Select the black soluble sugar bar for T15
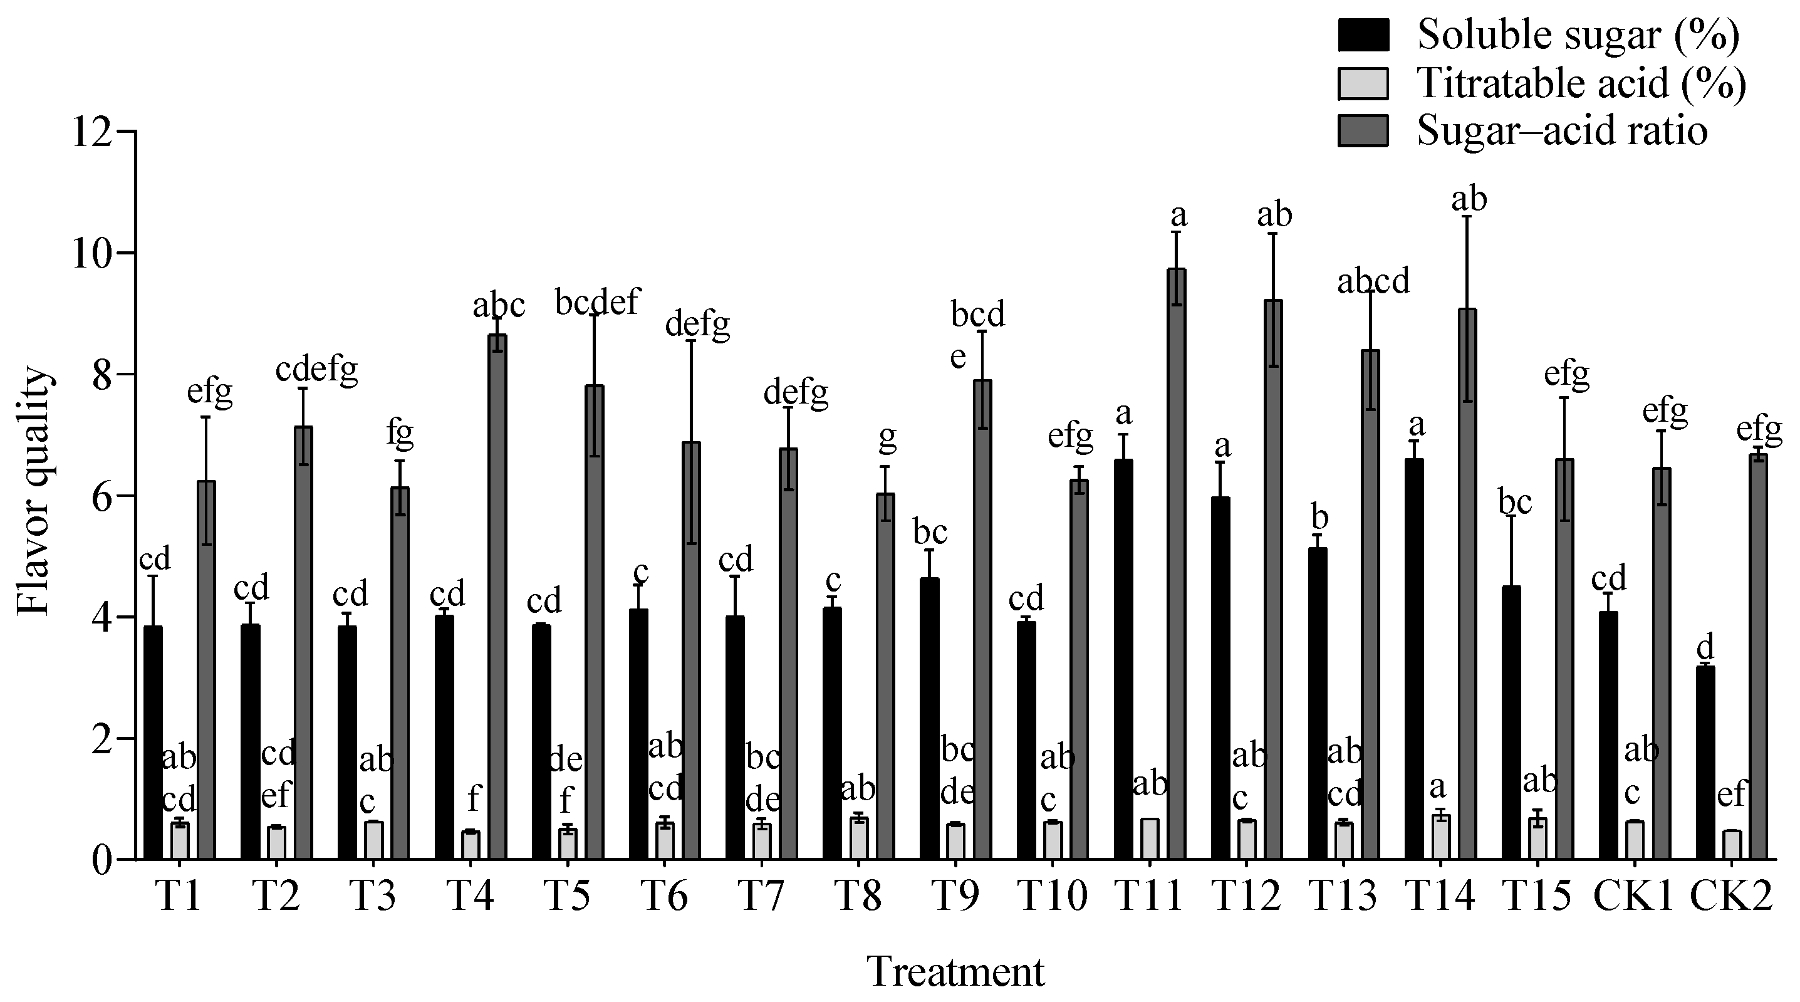(x=1511, y=723)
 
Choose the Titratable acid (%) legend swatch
(x=1363, y=83)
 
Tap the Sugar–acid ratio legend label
(x=1563, y=130)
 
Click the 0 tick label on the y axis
(x=102, y=860)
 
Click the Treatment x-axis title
(x=955, y=972)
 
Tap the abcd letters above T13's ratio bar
(x=1373, y=280)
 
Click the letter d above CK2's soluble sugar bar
(x=1705, y=646)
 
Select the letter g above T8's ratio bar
(x=887, y=437)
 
